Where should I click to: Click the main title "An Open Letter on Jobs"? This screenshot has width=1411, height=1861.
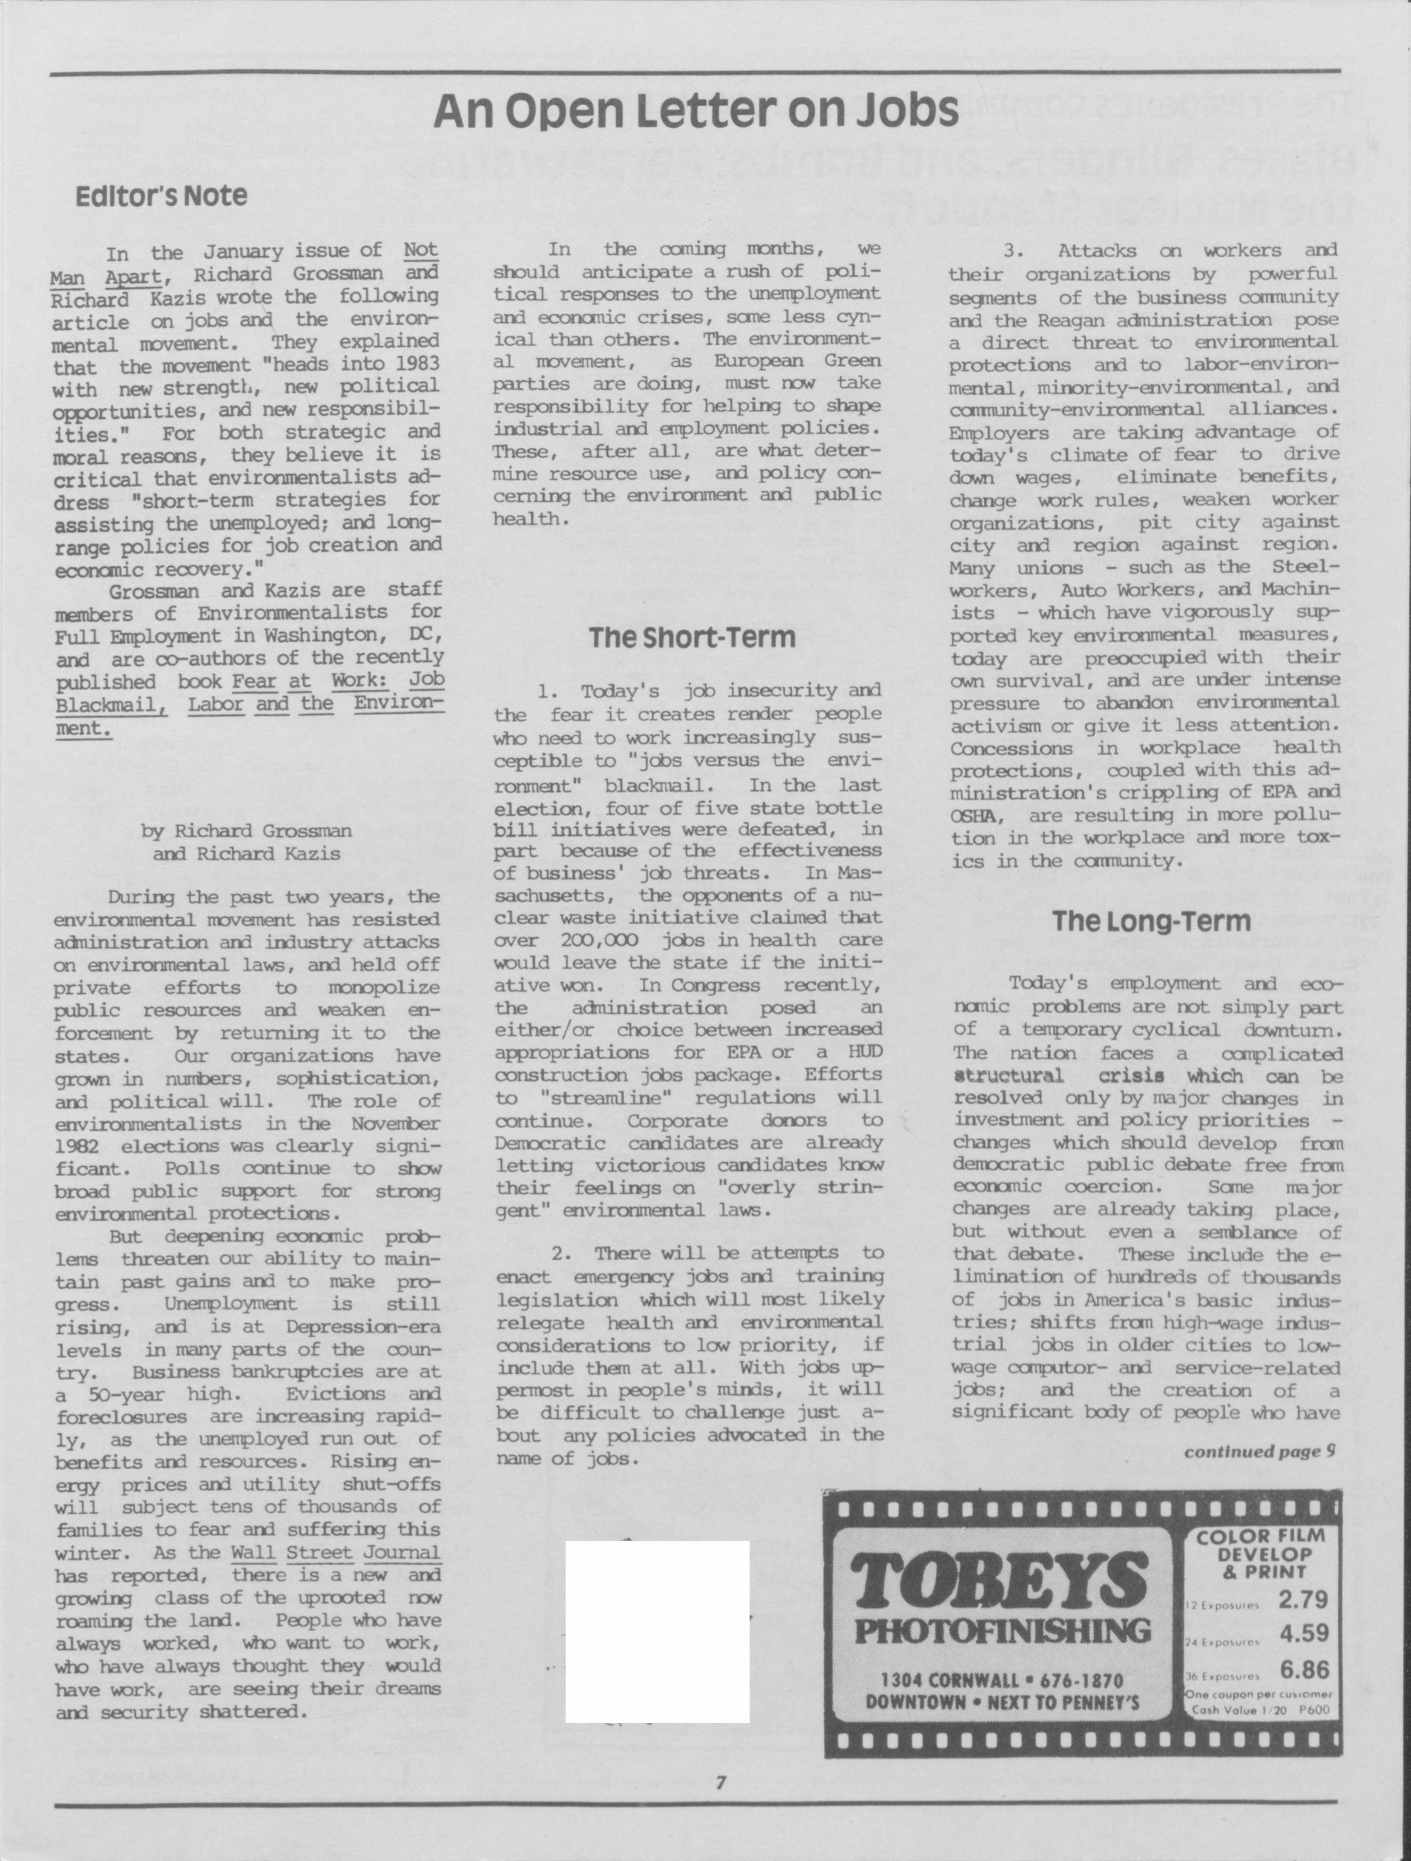tap(696, 110)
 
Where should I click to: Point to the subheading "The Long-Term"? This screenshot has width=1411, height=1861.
tap(1151, 921)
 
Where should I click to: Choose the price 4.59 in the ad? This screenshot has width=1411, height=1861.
tap(1303, 1633)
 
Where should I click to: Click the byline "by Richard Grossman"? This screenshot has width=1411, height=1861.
tap(246, 831)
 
